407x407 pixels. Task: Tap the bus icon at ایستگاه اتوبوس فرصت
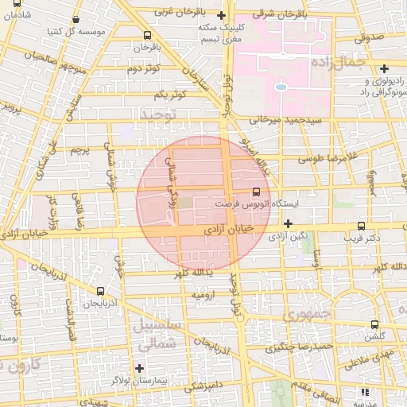click(255, 192)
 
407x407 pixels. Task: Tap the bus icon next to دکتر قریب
click(362, 225)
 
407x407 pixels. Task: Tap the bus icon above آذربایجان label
click(100, 292)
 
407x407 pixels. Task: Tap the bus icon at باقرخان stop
click(148, 36)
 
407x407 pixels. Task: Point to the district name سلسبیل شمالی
click(159, 335)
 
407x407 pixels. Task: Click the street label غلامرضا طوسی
click(326, 159)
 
